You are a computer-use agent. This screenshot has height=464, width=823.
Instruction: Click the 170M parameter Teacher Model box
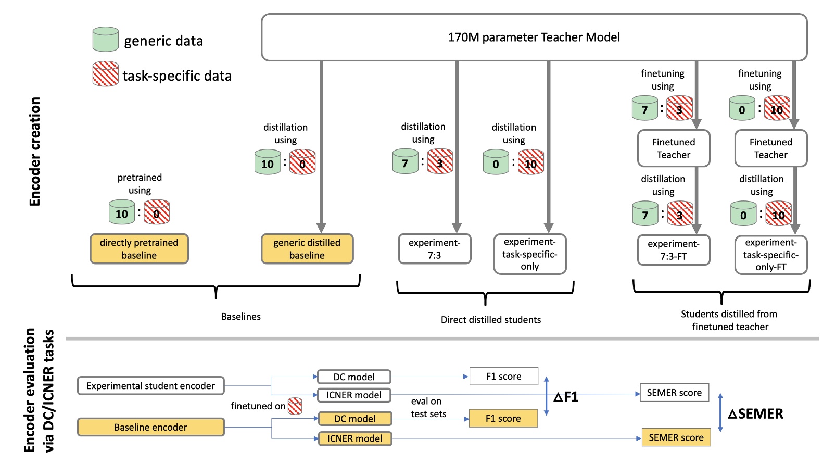point(534,37)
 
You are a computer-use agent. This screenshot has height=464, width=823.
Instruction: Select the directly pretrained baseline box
point(139,249)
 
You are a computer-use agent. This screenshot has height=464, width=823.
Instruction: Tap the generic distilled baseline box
point(307,249)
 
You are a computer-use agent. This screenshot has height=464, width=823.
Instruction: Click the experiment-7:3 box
point(434,249)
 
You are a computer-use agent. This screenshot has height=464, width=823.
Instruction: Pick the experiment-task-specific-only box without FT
point(529,254)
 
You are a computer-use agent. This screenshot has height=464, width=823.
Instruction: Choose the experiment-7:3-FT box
point(673,250)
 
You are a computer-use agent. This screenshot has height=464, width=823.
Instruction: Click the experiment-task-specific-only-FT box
point(770,255)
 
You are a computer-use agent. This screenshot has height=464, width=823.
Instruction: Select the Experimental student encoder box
point(150,386)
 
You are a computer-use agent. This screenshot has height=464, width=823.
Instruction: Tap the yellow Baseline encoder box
point(150,427)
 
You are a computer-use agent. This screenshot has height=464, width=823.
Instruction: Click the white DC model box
point(354,377)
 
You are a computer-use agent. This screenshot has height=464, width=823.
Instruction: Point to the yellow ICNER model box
point(354,438)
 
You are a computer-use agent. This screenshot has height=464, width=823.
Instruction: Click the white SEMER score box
point(674,393)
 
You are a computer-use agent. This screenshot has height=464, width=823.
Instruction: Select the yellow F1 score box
point(503,418)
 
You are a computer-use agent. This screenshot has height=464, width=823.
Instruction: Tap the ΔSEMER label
point(755,414)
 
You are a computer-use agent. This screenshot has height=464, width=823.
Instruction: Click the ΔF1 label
point(566,397)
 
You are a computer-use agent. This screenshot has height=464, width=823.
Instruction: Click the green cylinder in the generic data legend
point(105,40)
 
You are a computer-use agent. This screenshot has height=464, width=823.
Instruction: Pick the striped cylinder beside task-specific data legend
point(105,74)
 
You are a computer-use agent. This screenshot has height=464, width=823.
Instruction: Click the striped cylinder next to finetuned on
point(295,406)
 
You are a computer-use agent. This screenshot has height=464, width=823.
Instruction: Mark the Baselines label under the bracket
point(240,317)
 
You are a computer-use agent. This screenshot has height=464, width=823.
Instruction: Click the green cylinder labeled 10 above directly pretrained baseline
point(121,212)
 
